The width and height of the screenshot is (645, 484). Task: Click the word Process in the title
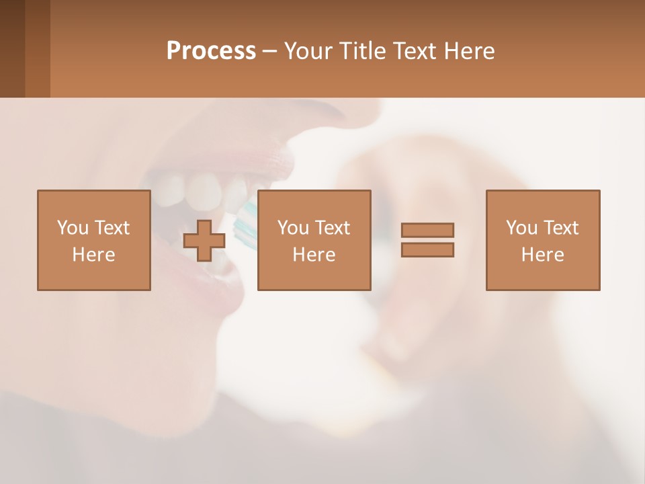pos(211,51)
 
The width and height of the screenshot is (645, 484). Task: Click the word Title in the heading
pos(361,51)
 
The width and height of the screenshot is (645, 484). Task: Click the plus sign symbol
pos(204,241)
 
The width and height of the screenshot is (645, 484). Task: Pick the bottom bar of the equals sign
pos(427,249)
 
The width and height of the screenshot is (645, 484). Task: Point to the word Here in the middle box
pos(314,255)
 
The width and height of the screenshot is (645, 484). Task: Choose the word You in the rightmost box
pos(521,228)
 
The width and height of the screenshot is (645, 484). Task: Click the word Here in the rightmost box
pos(543,255)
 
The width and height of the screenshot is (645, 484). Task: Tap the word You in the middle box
pos(293,228)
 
